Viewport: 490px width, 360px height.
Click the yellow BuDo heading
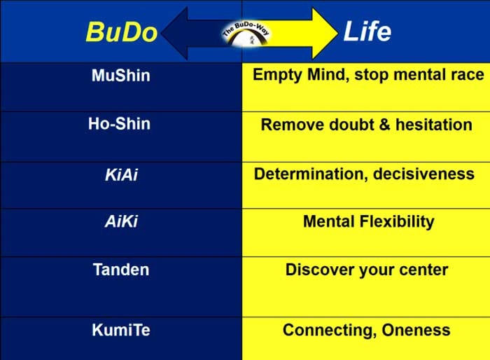pos(121,32)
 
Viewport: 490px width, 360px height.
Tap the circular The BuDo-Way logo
pos(246,34)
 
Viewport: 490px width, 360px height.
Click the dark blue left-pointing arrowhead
pos(175,33)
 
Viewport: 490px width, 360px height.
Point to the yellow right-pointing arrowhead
pos(325,33)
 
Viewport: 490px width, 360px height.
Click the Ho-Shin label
pos(120,123)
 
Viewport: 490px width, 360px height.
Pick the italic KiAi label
pos(121,174)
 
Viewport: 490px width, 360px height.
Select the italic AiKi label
pos(121,221)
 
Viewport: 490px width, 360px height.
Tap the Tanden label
pos(121,270)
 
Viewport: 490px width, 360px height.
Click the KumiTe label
pos(121,330)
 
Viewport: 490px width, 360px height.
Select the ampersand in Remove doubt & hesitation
pos(385,125)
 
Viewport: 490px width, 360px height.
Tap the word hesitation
pos(434,124)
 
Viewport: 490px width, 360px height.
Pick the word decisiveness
pos(423,174)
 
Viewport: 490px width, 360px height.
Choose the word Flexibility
pos(397,222)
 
